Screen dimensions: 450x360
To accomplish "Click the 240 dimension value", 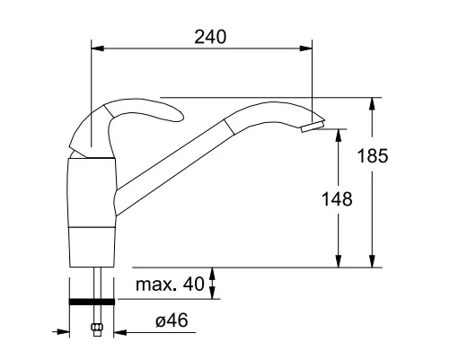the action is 210,37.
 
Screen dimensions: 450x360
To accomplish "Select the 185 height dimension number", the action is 373,156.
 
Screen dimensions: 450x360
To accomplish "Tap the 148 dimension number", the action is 337,199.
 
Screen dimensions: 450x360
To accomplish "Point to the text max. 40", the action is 170,284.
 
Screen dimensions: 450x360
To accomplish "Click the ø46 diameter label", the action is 172,320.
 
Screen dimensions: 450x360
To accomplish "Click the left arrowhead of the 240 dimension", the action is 97,48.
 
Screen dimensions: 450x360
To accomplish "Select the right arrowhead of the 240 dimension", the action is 305,48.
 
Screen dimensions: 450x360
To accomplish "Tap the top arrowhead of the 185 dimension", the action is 372,104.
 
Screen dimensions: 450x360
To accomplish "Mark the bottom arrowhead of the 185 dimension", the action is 372,260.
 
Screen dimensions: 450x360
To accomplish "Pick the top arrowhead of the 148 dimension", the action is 339,136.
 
